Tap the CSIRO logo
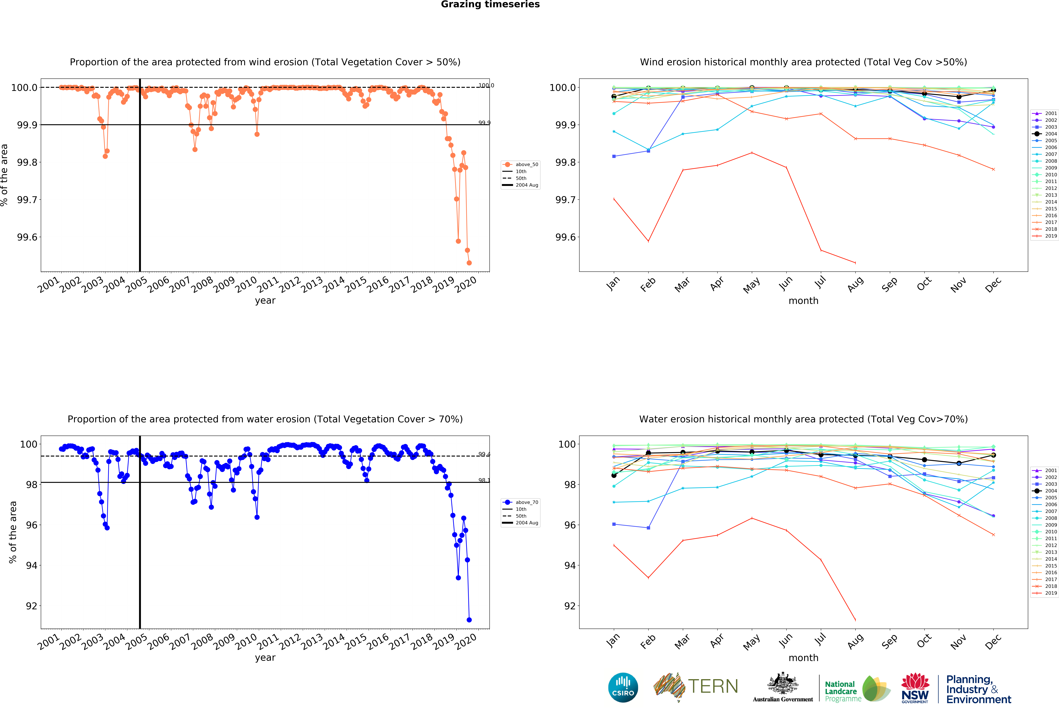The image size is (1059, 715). coord(623,687)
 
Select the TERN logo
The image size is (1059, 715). coord(696,686)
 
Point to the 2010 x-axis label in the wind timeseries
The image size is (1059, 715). coord(246,285)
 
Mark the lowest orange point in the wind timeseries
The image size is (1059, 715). coord(469,263)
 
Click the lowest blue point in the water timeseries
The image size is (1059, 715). coord(469,620)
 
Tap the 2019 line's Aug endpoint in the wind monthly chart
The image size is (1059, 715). coord(855,263)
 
